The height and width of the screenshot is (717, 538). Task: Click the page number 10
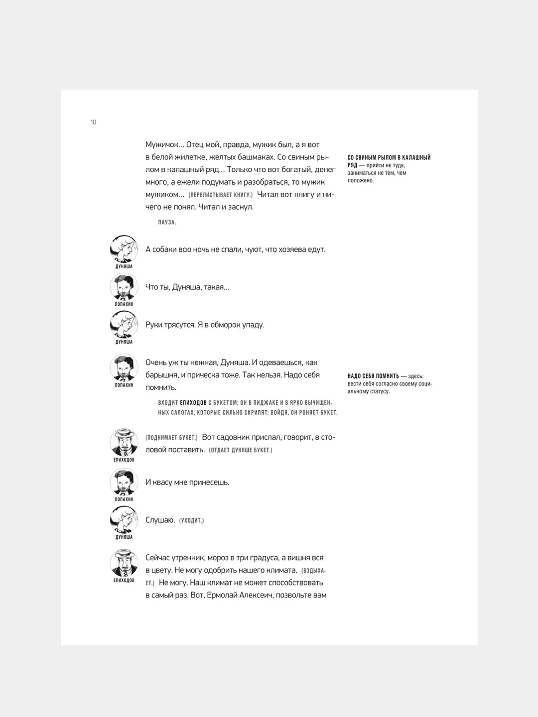click(93, 122)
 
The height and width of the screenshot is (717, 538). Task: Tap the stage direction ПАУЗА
click(167, 222)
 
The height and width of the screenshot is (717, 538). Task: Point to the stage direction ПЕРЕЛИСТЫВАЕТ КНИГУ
click(221, 195)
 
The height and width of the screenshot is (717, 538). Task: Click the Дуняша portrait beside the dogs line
click(124, 249)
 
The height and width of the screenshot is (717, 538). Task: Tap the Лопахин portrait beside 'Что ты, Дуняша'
click(124, 287)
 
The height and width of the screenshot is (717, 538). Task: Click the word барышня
click(162, 375)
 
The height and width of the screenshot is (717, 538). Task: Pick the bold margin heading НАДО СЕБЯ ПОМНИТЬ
click(373, 376)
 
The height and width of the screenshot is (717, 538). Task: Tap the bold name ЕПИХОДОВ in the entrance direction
click(193, 402)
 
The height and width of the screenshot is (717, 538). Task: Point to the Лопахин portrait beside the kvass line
click(124, 482)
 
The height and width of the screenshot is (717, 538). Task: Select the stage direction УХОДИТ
click(192, 521)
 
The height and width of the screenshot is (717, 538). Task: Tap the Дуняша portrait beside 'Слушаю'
click(124, 520)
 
